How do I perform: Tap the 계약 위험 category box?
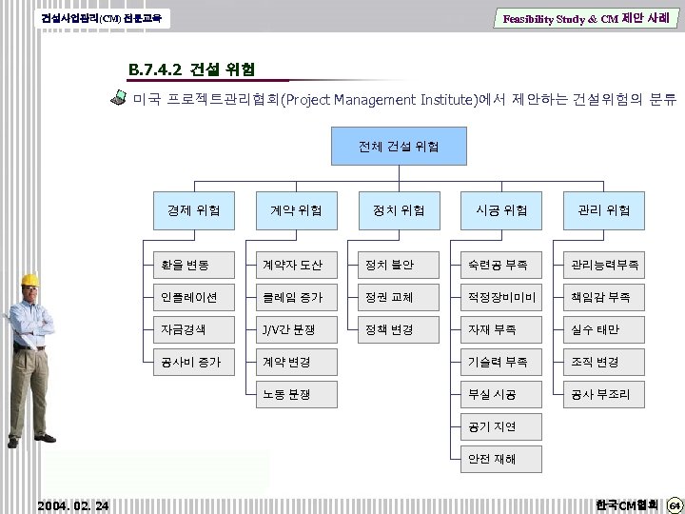[296, 209]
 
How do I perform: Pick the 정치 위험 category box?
[399, 209]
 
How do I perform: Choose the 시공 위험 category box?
[501, 209]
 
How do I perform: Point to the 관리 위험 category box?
[604, 209]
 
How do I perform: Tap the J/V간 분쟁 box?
[296, 329]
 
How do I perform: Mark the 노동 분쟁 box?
[296, 394]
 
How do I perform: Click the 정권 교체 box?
[399, 297]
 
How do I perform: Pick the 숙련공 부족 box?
[501, 264]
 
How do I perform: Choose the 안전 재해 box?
[501, 459]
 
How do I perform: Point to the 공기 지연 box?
[501, 426]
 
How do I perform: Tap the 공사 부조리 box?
[604, 394]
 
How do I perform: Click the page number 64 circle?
[673, 504]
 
